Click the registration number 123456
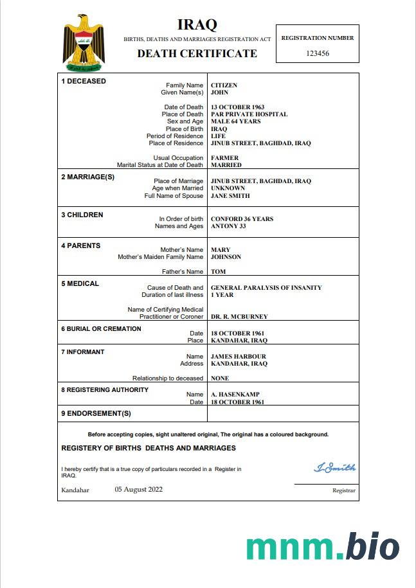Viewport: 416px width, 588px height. pos(318,53)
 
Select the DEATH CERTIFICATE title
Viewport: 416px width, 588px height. pos(197,53)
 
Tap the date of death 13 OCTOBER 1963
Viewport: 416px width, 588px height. pos(238,107)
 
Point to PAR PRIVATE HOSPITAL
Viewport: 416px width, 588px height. pos(249,114)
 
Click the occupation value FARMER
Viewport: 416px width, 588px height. pos(224,158)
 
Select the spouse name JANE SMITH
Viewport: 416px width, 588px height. pos(230,196)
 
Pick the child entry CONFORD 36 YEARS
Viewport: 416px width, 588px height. pos(242,219)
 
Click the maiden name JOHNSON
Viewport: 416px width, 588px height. pos(226,257)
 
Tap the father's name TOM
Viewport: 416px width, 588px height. pos(218,272)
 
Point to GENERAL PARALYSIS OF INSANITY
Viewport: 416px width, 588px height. pos(266,288)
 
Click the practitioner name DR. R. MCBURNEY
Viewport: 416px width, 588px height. pos(239,317)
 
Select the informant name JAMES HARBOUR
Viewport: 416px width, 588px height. pos(238,357)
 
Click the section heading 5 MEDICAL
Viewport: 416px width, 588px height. pos(80,283)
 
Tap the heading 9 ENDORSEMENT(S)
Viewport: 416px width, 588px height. pos(96,413)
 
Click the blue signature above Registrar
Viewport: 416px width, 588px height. pos(334,468)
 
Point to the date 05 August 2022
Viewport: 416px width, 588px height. pos(139,489)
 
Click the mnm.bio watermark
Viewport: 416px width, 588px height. pos(323,547)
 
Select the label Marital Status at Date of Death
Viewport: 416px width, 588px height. pos(160,165)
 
